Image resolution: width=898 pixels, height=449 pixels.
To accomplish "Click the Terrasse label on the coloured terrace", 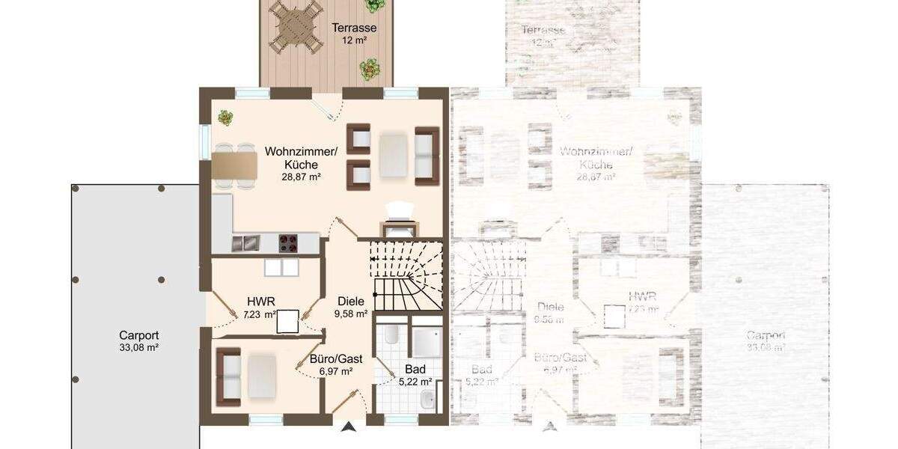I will click(354, 28).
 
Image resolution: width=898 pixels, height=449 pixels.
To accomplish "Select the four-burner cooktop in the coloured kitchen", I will click(289, 242).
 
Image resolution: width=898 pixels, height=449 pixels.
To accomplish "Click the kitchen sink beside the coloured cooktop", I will click(245, 242).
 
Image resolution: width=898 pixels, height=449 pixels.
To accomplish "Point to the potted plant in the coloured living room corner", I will click(225, 117).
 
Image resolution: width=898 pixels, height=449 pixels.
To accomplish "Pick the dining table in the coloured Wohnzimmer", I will click(234, 165).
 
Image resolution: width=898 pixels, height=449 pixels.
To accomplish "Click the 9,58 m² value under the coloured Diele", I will click(350, 314).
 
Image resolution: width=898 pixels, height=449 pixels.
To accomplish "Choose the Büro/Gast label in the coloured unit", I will click(336, 359).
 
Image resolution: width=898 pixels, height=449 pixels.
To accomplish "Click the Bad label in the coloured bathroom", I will click(415, 369).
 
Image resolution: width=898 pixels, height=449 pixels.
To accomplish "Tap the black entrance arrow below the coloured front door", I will click(347, 427).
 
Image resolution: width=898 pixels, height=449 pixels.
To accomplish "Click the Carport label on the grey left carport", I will click(139, 335).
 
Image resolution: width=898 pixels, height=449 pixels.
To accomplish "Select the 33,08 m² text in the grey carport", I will click(139, 347).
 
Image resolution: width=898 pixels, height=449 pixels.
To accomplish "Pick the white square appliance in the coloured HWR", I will click(287, 321).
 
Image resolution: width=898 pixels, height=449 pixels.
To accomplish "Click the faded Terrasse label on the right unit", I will click(543, 30).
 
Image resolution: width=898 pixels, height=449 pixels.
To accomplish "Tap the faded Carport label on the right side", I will click(766, 335).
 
